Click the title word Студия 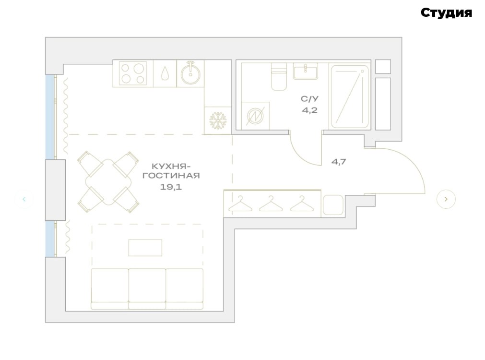coord(446,13)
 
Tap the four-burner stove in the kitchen coord(133,73)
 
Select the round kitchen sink coord(190,73)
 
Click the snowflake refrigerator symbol coord(218,120)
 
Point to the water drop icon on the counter coord(165,73)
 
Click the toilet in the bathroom coord(279,76)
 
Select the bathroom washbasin coord(305,71)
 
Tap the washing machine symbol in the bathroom coord(255,116)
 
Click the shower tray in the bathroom coord(350,96)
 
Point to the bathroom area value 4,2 coord(309,110)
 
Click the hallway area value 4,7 coord(339,162)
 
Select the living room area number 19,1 coord(171,187)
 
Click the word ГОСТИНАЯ coord(171,176)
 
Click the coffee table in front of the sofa coord(145,248)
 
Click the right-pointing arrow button coord(446,199)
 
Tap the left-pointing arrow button coord(24,199)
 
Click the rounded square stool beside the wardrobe coord(333,205)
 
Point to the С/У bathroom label coord(309,99)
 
